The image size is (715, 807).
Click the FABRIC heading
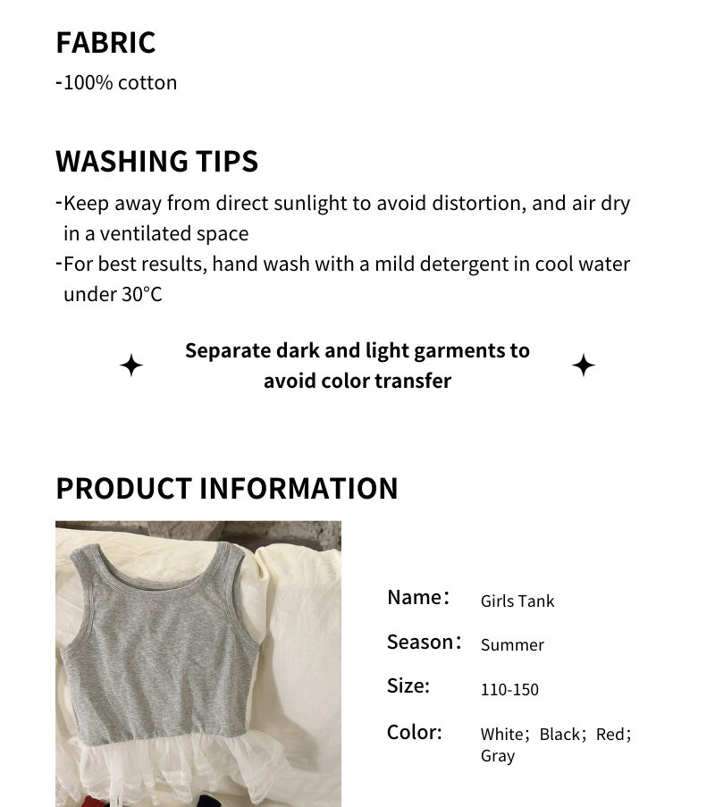coord(105,43)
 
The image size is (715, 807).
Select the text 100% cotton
coord(120,82)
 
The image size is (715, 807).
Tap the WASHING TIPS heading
coord(156,162)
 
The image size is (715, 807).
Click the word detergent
coord(458,265)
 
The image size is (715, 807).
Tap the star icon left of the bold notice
coord(131,366)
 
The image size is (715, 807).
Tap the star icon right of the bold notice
coord(584,366)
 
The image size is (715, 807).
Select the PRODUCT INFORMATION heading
coord(226,489)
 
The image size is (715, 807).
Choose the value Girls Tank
coord(517,601)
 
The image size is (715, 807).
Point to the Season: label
coord(424,642)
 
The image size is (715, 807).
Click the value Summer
coord(512,644)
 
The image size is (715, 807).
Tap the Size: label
coord(408,685)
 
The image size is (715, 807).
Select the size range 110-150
coord(509,689)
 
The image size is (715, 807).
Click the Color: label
coord(415,732)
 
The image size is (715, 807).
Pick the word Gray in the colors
coord(498,756)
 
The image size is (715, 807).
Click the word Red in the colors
coord(610,735)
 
